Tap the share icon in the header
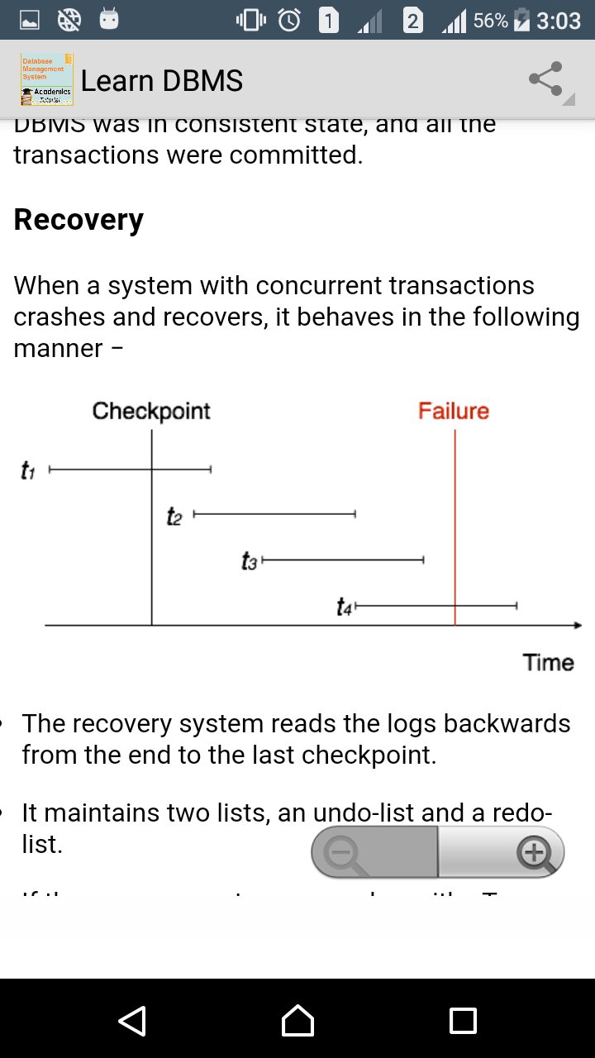pos(545,80)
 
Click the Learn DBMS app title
pos(162,81)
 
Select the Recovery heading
pos(79,220)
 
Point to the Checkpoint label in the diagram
pos(151,412)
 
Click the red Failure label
pos(454,412)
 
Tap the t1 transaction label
pos(27,471)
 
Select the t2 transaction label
pos(174,517)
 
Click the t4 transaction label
pos(345,608)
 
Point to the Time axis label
pos(548,663)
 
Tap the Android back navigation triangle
pos(132,1020)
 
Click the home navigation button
pos(297,1020)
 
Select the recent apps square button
pos(463,1020)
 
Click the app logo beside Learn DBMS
pos(46,80)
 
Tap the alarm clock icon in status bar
pos(290,20)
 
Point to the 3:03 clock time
pos(559,21)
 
